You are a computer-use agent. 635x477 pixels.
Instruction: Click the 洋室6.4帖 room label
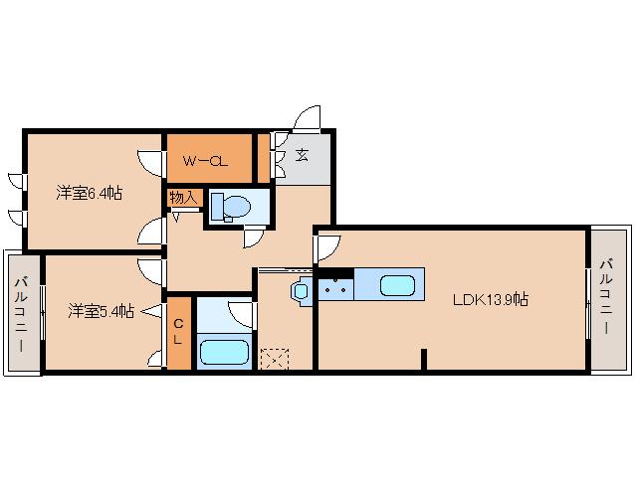[x=90, y=193]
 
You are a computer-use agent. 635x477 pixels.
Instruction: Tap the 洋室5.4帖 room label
[x=102, y=311]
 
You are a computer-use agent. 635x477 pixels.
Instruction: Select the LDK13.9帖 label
[x=490, y=299]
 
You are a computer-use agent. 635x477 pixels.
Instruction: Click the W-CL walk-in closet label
[x=205, y=162]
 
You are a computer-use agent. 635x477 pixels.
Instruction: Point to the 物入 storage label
[x=183, y=198]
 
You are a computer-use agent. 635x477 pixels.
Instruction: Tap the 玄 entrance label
[x=302, y=154]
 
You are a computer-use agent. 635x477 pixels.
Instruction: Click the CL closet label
[x=178, y=332]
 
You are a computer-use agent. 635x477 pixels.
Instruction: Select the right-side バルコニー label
[x=606, y=297]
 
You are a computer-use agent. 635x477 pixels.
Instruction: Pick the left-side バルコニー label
[x=21, y=314]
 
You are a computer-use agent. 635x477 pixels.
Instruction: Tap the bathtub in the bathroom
[x=225, y=352]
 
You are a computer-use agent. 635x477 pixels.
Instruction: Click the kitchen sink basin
[x=398, y=285]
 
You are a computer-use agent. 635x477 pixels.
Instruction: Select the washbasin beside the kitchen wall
[x=301, y=290]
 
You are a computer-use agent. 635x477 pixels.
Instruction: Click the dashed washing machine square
[x=275, y=358]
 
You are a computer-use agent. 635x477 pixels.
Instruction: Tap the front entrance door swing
[x=307, y=119]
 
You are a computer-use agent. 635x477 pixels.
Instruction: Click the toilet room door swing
[x=254, y=238]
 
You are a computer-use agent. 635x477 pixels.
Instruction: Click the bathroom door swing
[x=242, y=314]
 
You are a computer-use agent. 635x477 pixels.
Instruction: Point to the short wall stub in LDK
[x=424, y=359]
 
